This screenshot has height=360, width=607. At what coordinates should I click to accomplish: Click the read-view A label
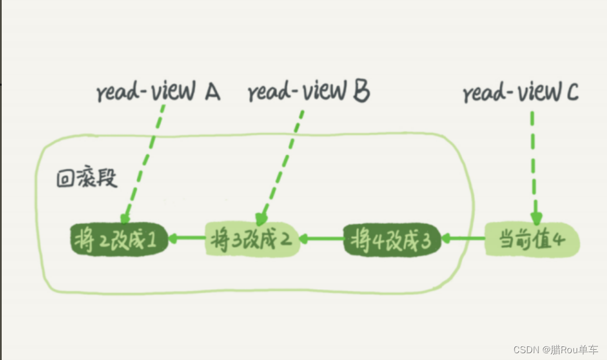(x=158, y=92)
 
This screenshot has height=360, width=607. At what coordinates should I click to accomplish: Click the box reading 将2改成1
(x=120, y=240)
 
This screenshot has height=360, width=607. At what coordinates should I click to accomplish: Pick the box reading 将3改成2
(x=251, y=240)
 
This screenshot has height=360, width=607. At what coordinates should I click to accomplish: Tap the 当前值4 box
(x=532, y=240)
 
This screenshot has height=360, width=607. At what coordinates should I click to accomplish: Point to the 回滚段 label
(x=87, y=179)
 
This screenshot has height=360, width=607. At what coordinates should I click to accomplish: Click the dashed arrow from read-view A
(x=145, y=164)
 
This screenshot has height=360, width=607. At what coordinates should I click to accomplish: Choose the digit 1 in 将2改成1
(x=151, y=240)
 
